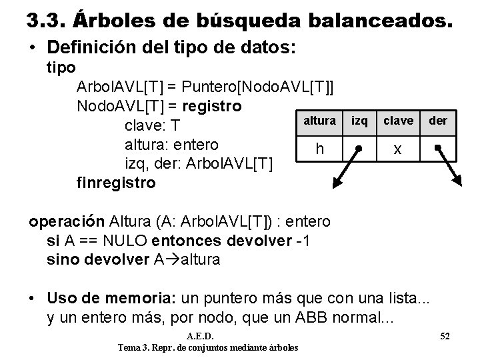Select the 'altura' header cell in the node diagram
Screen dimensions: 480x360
tap(319, 121)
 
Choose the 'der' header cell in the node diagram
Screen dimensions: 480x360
tap(437, 121)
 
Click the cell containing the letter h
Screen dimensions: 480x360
tap(319, 149)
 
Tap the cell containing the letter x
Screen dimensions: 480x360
tap(397, 149)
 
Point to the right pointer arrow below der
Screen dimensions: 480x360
tap(449, 167)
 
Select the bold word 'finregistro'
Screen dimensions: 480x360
tap(116, 181)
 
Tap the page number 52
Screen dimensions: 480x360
tap(445, 334)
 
